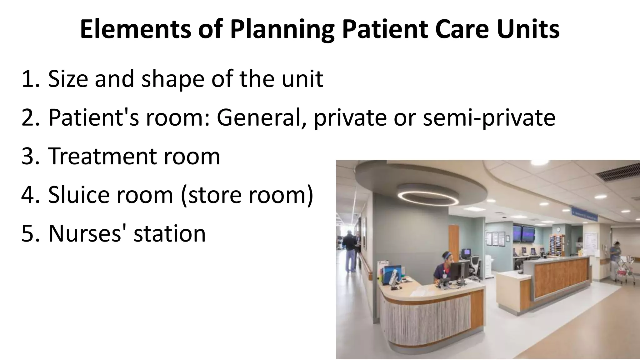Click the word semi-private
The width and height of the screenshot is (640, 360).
coord(489,118)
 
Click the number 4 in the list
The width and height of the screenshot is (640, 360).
coord(29,194)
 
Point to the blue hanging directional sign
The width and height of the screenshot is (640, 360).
coord(584,215)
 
